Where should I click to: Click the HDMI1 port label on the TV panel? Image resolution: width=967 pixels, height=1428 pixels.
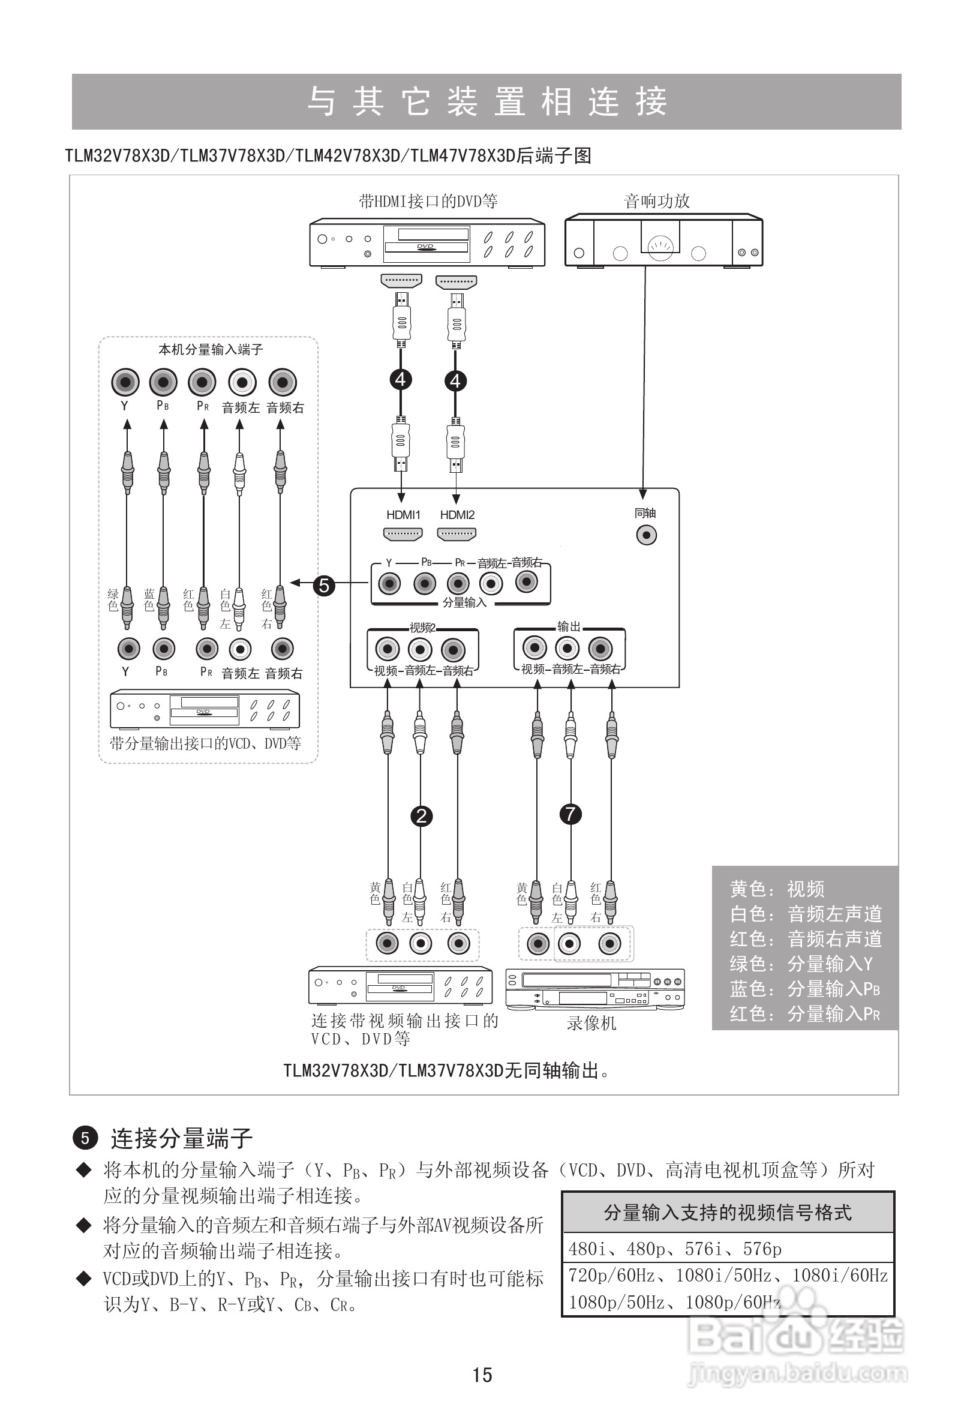pos(403,515)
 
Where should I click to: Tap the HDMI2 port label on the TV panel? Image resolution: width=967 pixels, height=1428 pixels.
pos(457,515)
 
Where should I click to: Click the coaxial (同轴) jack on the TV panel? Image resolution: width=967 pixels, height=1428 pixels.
pos(645,535)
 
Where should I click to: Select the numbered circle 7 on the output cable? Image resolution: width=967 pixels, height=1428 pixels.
pos(570,814)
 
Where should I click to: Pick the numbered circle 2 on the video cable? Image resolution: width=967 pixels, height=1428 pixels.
pos(422,816)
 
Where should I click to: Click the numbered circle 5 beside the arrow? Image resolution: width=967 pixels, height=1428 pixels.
pos(325,585)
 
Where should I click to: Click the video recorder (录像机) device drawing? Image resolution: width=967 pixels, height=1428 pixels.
pos(594,989)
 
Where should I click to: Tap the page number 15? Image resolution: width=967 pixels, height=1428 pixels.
pos(482,1375)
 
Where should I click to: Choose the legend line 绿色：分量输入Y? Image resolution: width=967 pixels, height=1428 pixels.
pos(800,964)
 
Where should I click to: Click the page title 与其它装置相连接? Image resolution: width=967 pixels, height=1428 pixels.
pos(486,101)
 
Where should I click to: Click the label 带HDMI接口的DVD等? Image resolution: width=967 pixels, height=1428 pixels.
pos(428,201)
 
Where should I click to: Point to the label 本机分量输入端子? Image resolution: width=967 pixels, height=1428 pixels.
pos(211,350)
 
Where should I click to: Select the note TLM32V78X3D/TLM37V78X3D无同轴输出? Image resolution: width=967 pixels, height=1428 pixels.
pos(446,1071)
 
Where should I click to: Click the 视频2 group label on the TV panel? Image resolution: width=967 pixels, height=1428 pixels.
pos(422,628)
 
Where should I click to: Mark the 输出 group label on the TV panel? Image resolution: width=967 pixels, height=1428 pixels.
pos(568,626)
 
